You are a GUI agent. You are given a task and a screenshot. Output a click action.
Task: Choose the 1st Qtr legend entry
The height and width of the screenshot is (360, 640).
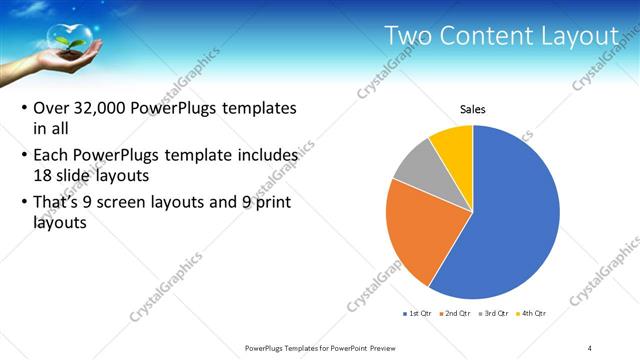click(x=416, y=314)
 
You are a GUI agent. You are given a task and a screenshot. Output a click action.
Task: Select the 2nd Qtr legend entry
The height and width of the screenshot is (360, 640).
click(x=457, y=314)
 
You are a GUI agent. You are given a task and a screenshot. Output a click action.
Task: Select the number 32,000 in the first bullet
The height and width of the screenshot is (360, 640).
click(x=104, y=108)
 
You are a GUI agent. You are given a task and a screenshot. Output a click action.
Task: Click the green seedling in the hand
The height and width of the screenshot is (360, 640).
click(x=70, y=42)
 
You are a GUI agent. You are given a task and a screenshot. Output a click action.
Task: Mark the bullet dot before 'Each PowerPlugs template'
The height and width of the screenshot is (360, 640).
click(x=23, y=157)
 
